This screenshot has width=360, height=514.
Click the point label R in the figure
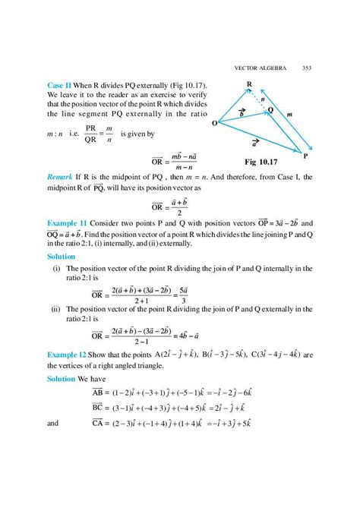point(249,84)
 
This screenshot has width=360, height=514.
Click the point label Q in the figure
point(270,111)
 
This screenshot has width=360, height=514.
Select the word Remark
point(62,176)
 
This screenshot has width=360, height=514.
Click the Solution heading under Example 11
point(62,257)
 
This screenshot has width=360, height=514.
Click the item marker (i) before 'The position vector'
point(56,269)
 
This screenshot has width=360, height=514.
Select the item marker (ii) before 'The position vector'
point(55,311)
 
